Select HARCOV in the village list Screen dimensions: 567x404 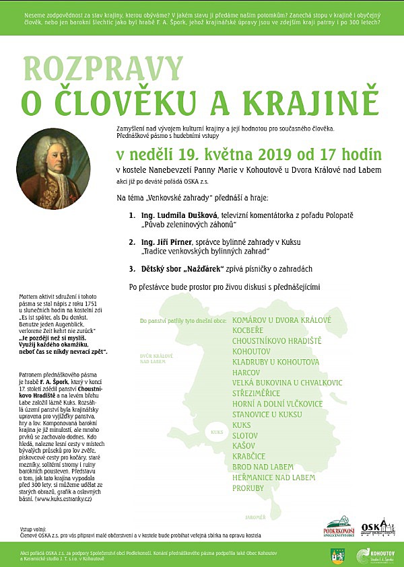(x=246, y=372)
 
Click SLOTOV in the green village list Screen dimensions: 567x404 (x=245, y=435)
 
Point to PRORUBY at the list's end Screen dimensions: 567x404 (x=248, y=488)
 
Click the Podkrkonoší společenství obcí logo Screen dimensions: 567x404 (x=339, y=527)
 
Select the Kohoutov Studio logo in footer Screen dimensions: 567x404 (x=374, y=554)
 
